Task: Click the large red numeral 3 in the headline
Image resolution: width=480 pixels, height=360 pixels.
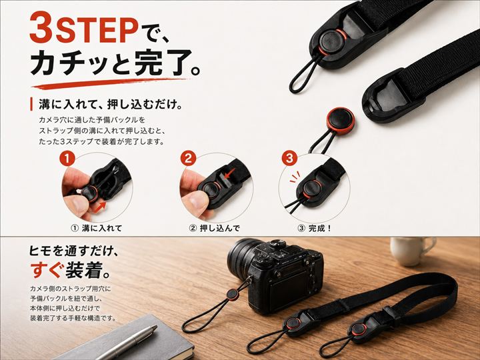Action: (41, 28)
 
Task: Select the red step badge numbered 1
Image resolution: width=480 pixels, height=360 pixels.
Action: (67, 159)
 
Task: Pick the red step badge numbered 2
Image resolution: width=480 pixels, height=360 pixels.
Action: (188, 159)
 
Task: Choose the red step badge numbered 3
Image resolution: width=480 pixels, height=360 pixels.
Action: (289, 159)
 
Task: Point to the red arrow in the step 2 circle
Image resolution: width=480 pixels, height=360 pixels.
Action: (229, 173)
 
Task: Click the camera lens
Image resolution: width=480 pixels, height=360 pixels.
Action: (241, 259)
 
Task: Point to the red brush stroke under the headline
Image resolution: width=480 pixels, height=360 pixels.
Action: (110, 83)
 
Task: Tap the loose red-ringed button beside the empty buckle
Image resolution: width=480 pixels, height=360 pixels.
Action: (341, 121)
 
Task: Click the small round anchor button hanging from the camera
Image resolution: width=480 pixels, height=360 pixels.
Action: (233, 295)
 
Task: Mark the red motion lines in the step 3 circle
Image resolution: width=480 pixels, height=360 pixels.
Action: (295, 177)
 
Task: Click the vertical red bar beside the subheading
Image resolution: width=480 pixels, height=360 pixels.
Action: (31, 105)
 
